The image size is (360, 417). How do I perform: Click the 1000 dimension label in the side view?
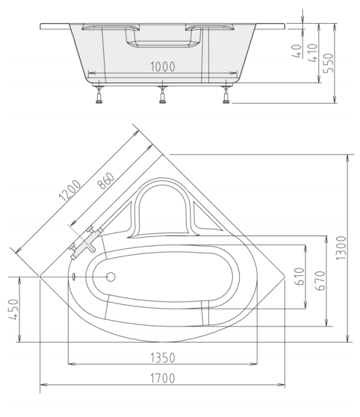[x=163, y=67]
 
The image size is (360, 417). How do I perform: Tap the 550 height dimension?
[x=329, y=63]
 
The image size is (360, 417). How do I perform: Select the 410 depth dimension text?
[x=313, y=53]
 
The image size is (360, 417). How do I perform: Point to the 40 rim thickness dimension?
[x=296, y=51]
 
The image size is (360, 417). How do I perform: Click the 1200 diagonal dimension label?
[x=70, y=190]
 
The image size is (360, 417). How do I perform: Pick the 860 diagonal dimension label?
[x=106, y=181]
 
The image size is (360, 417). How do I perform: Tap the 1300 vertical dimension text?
[x=342, y=248]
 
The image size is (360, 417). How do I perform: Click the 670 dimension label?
[x=320, y=281]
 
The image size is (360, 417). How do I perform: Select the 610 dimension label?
[x=299, y=277]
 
